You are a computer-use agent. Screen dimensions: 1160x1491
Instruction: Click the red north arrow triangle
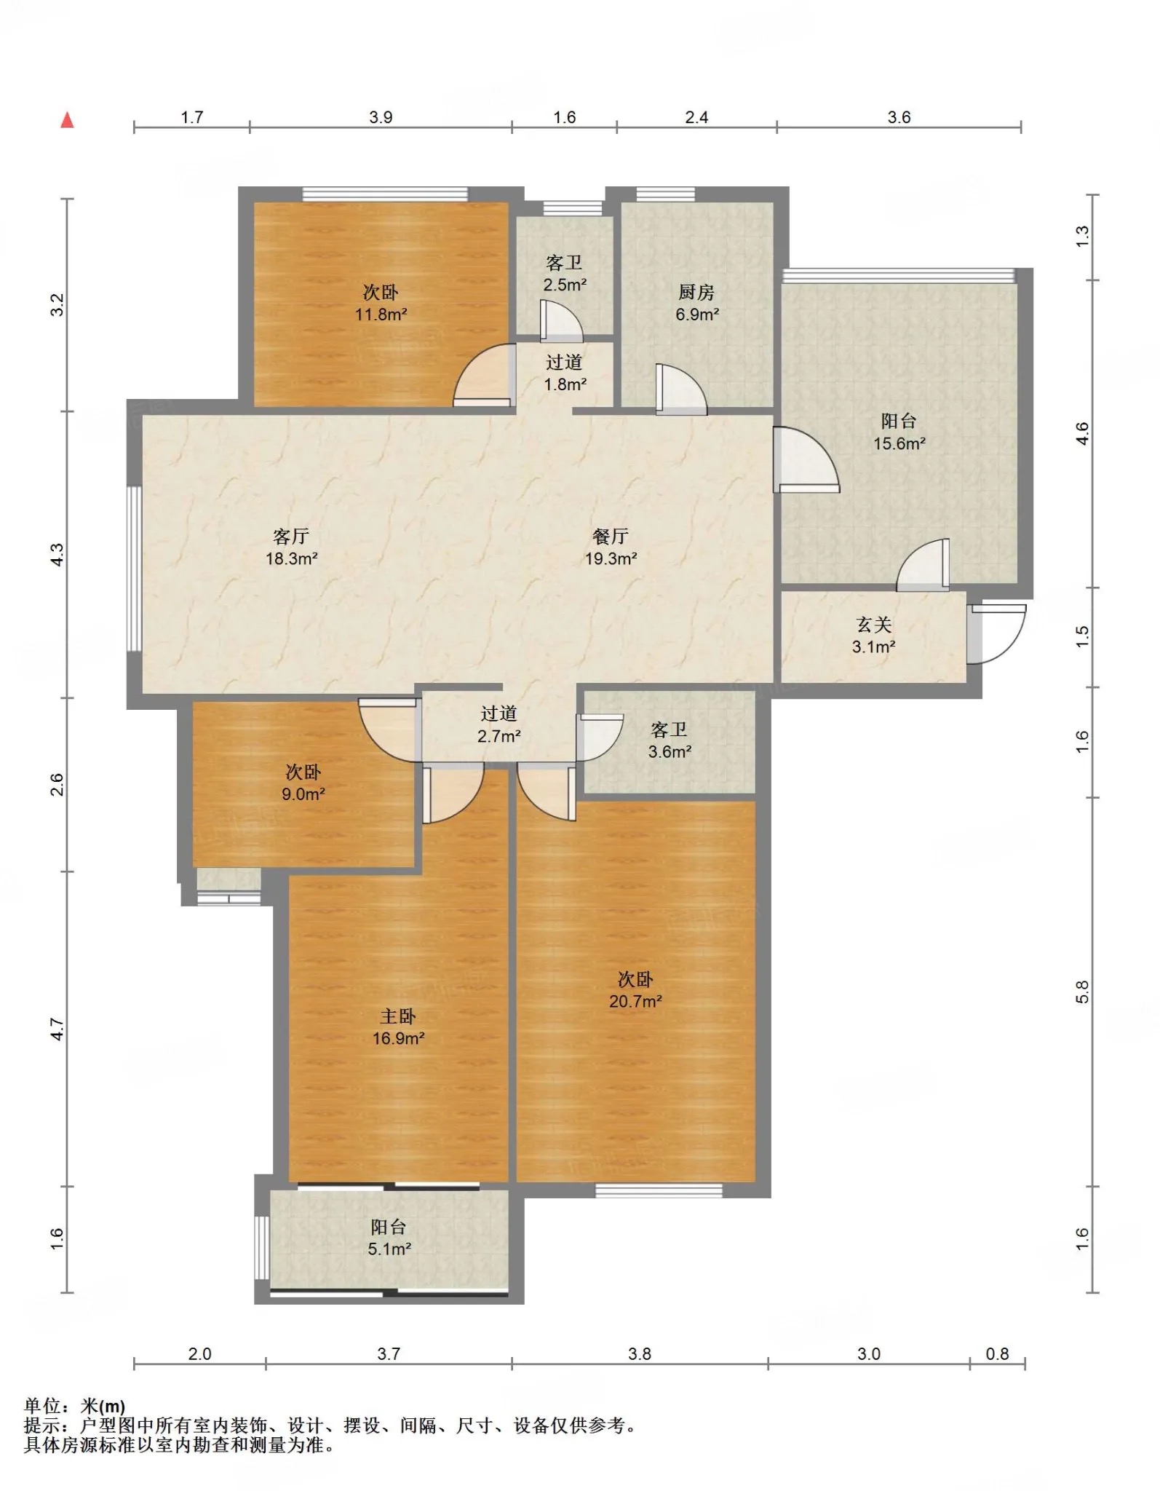pos(67,119)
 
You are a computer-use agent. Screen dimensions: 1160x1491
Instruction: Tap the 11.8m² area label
pos(381,315)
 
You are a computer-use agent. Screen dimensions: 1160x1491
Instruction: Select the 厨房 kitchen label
pos(696,292)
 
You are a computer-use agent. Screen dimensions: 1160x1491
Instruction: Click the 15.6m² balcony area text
pos(899,443)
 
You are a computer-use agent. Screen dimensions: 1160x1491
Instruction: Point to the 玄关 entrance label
pos(874,625)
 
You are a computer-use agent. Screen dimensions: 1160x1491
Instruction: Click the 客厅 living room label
pos(291,537)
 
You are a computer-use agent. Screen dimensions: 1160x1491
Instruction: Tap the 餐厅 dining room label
pos(611,537)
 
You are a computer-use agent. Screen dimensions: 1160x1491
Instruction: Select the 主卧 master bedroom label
pos(398,1016)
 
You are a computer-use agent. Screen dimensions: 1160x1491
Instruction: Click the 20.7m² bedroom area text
pos(635,1002)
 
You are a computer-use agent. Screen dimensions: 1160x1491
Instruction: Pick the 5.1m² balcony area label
pos(389,1249)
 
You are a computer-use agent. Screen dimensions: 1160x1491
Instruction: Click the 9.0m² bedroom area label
pos(303,794)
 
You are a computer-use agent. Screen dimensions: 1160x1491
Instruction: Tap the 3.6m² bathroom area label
pos(670,752)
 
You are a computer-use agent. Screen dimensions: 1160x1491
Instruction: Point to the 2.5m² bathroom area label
pos(565,285)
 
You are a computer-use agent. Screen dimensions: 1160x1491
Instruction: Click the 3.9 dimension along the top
pos(381,118)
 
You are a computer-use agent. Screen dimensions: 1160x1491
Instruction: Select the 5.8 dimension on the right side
pos(1082,992)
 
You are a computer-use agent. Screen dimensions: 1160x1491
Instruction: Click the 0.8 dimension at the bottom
pos(997,1354)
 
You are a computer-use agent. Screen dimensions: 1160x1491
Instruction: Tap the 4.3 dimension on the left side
pos(57,554)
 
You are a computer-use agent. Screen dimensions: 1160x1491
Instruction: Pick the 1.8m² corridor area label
pos(565,384)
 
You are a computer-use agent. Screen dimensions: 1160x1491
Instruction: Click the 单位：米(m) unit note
pos(74,1407)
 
